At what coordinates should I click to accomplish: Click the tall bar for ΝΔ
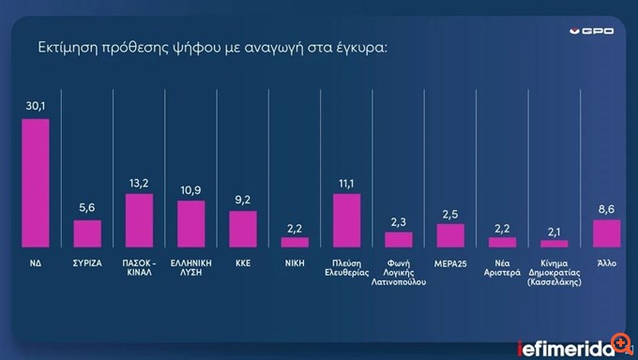point(35,183)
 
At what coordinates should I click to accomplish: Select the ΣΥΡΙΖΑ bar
point(87,233)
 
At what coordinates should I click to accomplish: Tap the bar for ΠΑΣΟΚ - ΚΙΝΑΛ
point(139,220)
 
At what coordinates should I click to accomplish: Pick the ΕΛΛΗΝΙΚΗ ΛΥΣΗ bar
point(190,224)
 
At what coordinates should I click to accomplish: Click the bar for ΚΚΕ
point(242,229)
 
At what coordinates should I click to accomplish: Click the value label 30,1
point(36,108)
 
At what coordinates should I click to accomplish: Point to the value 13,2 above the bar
point(139,184)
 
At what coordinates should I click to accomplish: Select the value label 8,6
point(606,209)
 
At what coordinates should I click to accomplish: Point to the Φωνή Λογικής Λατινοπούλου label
point(398,273)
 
